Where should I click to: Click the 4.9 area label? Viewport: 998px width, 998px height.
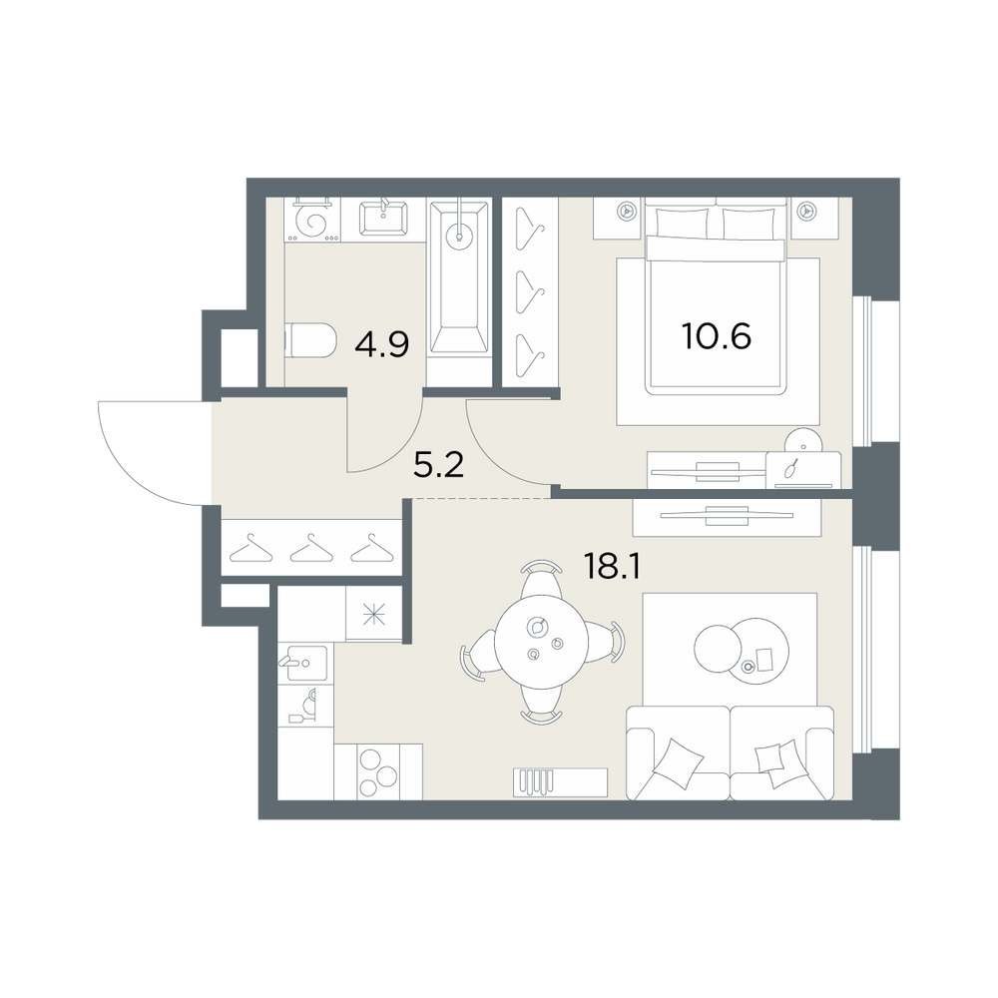(382, 343)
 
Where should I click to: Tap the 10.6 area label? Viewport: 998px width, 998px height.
(717, 335)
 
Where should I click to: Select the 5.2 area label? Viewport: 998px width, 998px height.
(438, 466)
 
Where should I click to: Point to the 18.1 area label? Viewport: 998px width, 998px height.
(612, 566)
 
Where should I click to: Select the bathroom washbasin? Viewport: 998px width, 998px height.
(383, 219)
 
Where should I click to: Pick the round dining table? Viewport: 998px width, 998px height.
(542, 642)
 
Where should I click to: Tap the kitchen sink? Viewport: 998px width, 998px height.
(304, 664)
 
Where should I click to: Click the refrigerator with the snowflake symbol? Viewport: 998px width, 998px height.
(373, 614)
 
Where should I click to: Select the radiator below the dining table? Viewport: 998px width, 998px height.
(561, 782)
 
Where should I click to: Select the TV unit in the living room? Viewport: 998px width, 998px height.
(727, 517)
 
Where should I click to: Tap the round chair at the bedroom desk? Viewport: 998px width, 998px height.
(803, 439)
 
